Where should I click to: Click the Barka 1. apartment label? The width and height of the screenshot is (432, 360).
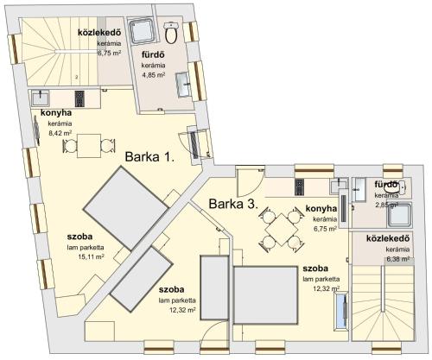(149, 157)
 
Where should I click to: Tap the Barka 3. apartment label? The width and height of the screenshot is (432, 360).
(233, 204)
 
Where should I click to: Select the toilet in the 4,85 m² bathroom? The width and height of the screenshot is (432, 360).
(172, 33)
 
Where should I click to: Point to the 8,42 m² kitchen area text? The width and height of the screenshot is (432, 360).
(60, 133)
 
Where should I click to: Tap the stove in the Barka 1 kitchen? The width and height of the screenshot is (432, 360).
(79, 98)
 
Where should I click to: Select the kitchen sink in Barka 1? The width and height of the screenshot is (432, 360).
(41, 98)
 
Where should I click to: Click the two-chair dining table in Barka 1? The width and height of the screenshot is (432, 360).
(89, 146)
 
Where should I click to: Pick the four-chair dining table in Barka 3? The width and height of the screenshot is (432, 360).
(282, 230)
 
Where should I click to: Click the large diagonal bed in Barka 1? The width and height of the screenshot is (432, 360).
(126, 208)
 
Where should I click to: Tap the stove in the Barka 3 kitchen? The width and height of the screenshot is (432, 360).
(300, 186)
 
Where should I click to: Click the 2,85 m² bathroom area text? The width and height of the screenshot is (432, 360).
(386, 205)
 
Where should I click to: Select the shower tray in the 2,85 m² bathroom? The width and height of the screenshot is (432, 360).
(399, 214)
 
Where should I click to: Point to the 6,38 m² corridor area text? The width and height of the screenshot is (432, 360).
(398, 259)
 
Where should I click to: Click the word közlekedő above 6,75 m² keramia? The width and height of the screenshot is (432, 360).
(99, 33)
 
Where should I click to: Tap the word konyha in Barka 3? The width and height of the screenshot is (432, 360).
(321, 208)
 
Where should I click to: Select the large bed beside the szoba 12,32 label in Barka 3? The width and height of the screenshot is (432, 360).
(265, 295)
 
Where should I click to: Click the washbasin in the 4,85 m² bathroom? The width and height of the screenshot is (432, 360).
(183, 85)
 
